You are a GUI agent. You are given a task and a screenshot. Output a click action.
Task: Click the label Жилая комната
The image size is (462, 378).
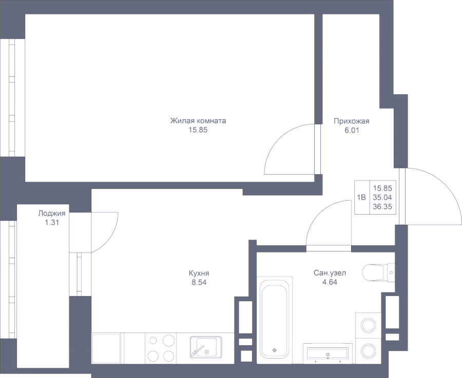pos(198,121)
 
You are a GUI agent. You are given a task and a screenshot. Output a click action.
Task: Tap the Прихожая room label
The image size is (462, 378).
pos(352,121)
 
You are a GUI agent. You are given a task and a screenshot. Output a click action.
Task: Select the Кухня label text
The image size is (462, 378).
pos(199,273)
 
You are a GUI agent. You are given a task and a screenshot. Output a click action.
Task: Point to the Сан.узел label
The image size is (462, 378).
pos(330,273)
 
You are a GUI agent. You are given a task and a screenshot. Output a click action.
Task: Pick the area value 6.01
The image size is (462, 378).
pos(352,130)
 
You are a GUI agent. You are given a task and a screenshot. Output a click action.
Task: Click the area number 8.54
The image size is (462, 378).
pos(199,282)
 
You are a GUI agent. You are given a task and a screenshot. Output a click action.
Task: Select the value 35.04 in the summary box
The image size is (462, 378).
pos(382,197)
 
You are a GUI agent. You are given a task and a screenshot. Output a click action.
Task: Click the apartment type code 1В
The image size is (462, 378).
pos(362,197)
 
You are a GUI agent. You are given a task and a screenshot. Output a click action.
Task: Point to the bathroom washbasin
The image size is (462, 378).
pos(327,352)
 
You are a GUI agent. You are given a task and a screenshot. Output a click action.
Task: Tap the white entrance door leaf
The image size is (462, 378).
pos(402,196)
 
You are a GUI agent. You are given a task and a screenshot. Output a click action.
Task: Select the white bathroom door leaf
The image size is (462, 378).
pos(329,248)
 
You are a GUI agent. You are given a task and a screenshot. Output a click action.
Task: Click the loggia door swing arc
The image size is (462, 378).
pos(113,233)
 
